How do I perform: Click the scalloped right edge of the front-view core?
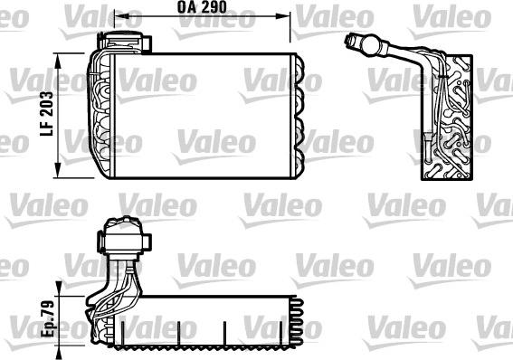pyautogui.click(x=299, y=116)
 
